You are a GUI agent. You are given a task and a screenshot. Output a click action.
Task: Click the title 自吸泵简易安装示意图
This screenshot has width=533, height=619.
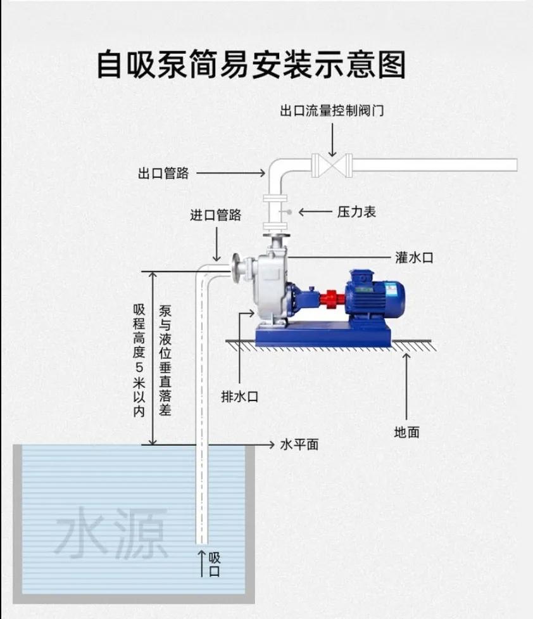pos(250,63)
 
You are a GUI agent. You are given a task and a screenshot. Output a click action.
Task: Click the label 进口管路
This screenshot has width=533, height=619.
pos(216,215)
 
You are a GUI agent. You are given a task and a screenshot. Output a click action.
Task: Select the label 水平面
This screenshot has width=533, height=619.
pos(299,444)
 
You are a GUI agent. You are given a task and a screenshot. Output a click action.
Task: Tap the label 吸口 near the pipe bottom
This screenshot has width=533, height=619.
pos(215,564)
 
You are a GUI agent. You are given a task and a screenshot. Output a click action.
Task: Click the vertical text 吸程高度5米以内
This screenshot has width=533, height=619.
pos(140,359)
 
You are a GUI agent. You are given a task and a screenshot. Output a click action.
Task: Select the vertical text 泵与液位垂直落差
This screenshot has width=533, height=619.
pos(166,359)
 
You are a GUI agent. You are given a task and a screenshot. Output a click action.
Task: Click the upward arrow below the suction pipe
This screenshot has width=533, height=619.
pos(201,561)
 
